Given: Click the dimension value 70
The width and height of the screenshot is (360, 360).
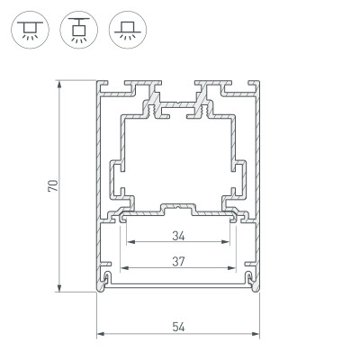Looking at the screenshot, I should [53, 186].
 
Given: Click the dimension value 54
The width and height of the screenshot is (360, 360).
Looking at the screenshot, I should [176, 327].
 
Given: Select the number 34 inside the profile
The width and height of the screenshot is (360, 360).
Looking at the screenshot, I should [176, 237].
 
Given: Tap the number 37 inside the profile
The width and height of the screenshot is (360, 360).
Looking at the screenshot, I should [176, 261].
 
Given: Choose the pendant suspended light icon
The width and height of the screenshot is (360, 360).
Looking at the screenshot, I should [75, 29].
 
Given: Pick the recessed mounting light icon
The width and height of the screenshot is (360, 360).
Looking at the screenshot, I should [121, 29].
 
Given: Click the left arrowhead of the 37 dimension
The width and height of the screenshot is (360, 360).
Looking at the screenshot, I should [124, 268].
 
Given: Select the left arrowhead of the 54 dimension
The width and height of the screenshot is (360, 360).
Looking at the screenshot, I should [99, 335].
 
